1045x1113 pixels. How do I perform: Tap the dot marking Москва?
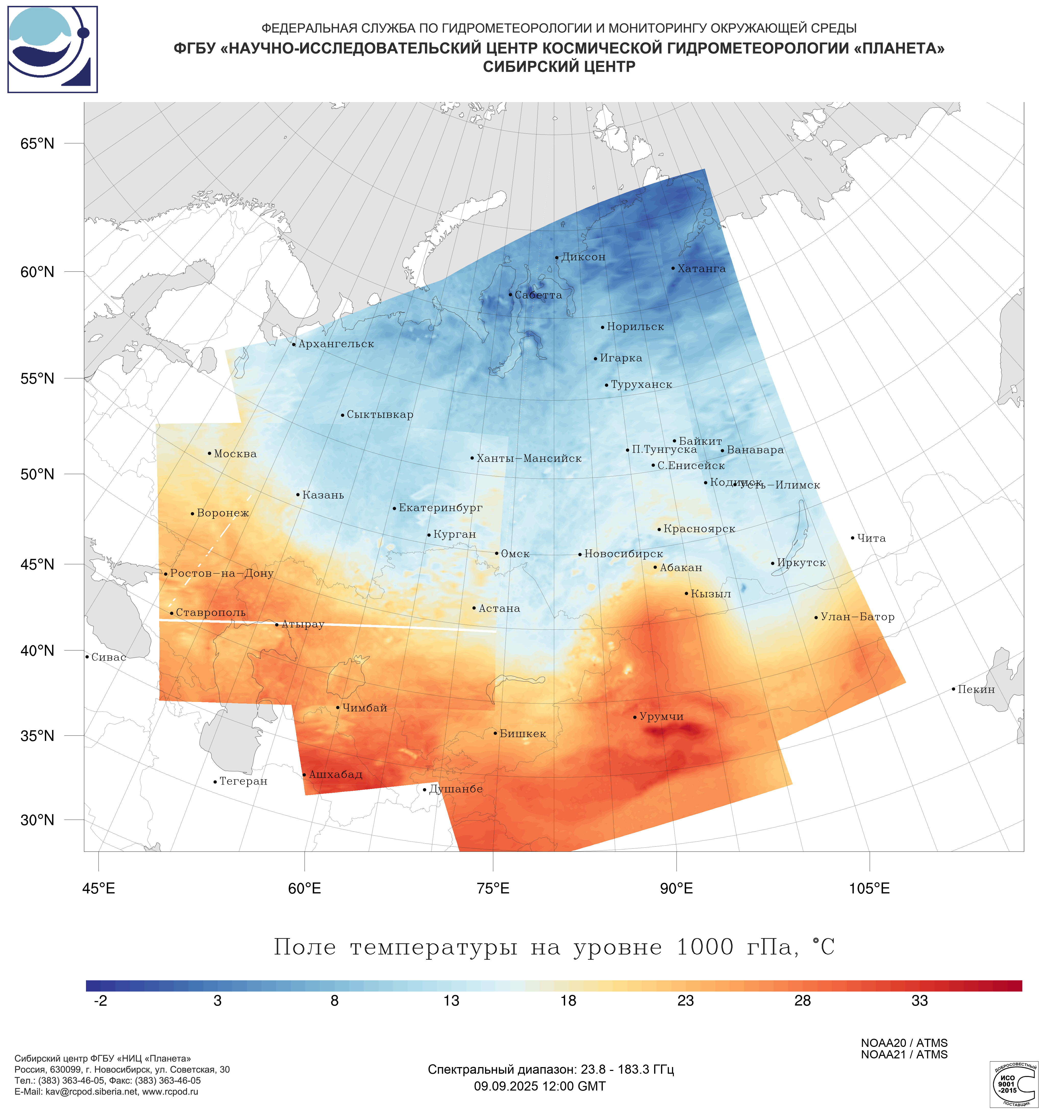[209, 453]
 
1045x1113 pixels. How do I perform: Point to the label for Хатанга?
[701, 269]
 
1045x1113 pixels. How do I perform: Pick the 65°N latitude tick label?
[38, 144]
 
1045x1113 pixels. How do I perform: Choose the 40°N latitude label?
[38, 651]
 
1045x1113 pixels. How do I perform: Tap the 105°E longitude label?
[869, 888]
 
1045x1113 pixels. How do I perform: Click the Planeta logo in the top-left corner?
[53, 49]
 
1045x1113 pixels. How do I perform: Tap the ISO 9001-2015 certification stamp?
[1013, 1084]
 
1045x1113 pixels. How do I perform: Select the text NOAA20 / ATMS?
[904, 1043]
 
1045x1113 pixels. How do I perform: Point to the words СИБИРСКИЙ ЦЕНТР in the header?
[559, 67]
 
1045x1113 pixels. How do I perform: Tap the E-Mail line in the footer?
[106, 1092]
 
